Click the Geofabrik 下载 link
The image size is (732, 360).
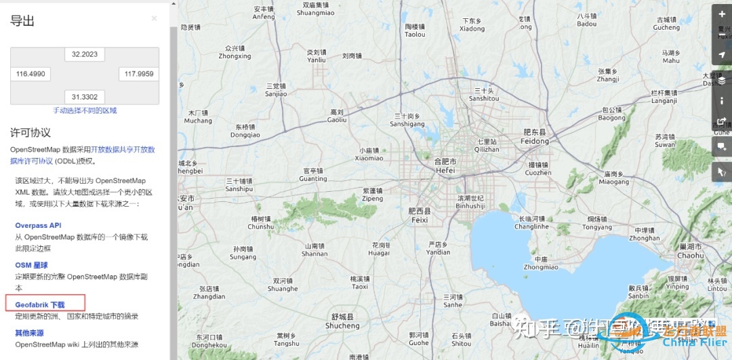[39, 305]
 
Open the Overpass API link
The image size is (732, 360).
[38, 226]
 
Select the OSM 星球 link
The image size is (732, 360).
[31, 265]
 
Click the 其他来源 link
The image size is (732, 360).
[29, 333]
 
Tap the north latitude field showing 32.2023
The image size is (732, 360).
[85, 54]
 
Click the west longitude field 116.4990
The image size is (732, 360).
[30, 74]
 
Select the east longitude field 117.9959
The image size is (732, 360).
[139, 74]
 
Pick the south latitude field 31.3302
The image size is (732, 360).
[85, 97]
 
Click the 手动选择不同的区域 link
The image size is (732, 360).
[85, 111]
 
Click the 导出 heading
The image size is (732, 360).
[22, 20]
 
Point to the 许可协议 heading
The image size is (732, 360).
[30, 132]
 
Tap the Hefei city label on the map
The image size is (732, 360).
[445, 167]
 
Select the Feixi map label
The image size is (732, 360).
[420, 216]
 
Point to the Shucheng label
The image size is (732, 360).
[342, 321]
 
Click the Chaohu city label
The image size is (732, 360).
[690, 252]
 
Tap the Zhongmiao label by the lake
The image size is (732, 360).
[541, 263]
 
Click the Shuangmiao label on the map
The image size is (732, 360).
[316, 9]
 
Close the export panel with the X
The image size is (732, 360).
[154, 18]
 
